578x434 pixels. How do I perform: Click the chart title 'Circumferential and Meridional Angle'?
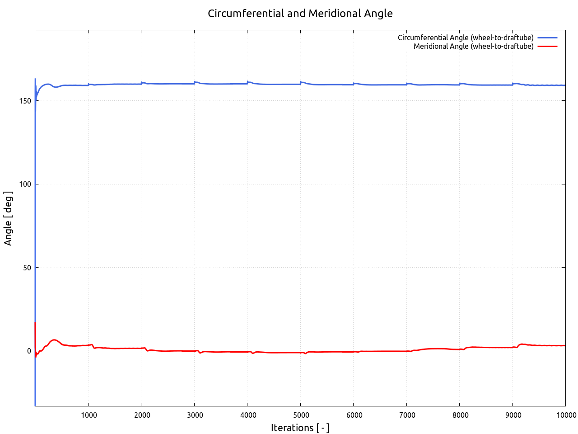tap(300, 14)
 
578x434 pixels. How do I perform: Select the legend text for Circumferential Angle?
tap(466, 38)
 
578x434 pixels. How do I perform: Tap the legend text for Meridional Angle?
tap(473, 46)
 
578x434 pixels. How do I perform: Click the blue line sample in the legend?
tap(547, 38)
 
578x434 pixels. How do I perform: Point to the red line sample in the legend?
tap(547, 46)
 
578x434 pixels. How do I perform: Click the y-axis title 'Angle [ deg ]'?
tap(8, 218)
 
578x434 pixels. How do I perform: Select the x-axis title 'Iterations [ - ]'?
tap(300, 428)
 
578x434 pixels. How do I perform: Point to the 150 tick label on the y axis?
tap(26, 101)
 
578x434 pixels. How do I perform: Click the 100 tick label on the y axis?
tap(26, 184)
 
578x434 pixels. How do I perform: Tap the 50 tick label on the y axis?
tap(28, 268)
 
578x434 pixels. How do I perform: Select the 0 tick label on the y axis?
tap(29, 351)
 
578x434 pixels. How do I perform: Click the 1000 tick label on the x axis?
tap(88, 415)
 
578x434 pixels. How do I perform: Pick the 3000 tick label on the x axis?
tap(194, 415)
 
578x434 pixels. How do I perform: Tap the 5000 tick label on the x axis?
tap(300, 415)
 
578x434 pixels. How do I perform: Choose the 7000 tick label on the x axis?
tap(406, 415)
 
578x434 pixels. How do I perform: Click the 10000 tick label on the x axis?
tap(565, 415)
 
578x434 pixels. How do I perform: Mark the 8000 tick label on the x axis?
tap(459, 415)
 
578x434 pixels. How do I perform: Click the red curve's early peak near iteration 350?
tap(54, 340)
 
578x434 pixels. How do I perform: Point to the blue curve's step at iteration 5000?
tap(301, 82)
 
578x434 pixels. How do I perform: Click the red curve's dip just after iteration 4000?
tap(253, 353)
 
